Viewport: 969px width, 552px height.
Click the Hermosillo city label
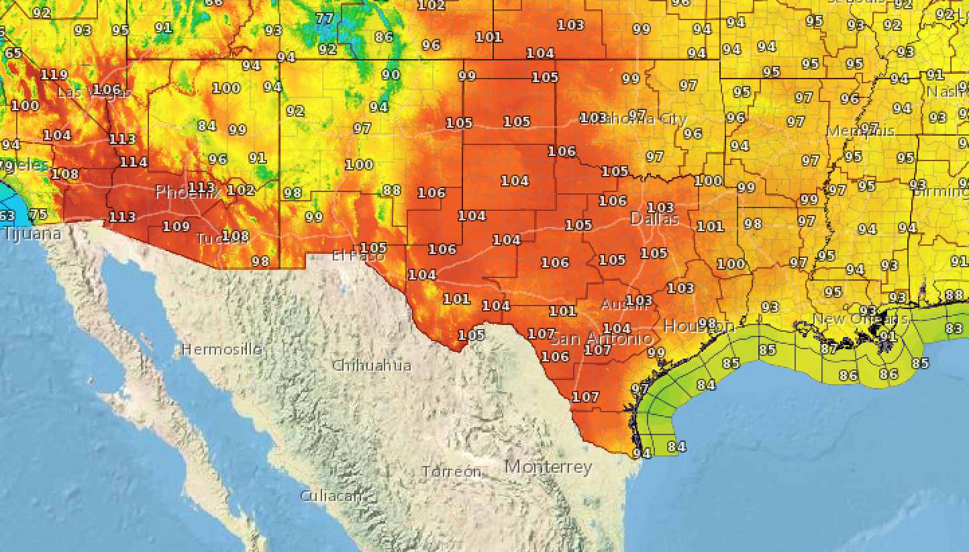221,350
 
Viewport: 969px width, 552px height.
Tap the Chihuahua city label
372,365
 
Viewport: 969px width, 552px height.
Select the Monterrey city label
548,467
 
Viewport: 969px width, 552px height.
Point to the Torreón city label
452,472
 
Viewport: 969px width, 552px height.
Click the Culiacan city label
331,496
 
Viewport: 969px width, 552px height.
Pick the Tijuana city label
32,234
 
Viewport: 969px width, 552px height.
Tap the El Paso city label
358,256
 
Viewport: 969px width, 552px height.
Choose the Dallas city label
654,220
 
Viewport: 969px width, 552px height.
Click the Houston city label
699,326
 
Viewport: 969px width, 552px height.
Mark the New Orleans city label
860,319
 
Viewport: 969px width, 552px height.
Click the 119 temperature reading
54,75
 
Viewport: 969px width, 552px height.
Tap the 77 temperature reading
325,18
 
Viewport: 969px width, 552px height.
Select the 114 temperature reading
134,162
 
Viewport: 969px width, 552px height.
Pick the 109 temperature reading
176,226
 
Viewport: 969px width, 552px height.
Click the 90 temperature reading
391,75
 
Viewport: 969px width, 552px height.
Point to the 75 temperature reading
38,214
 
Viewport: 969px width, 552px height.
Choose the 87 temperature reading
829,349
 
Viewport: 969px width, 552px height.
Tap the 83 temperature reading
954,328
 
